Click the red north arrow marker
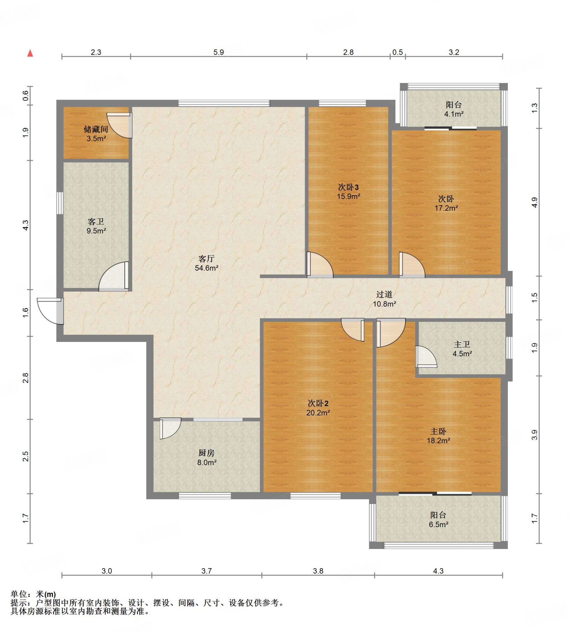[x=30, y=53]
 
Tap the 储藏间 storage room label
[x=96, y=129]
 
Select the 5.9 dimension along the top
[x=219, y=52]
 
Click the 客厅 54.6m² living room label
[x=206, y=263]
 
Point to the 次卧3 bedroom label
[x=348, y=187]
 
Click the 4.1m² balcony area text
[x=454, y=114]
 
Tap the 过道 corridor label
[x=384, y=294]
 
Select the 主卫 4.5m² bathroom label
[x=462, y=349]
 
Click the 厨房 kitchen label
[x=207, y=453]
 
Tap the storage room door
[x=120, y=125]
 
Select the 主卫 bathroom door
[x=426, y=357]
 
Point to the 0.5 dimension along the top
[x=398, y=52]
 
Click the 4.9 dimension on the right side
[x=535, y=202]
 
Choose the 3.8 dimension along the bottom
[x=318, y=571]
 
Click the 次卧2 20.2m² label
[x=318, y=408]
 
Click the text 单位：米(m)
[x=33, y=594]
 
